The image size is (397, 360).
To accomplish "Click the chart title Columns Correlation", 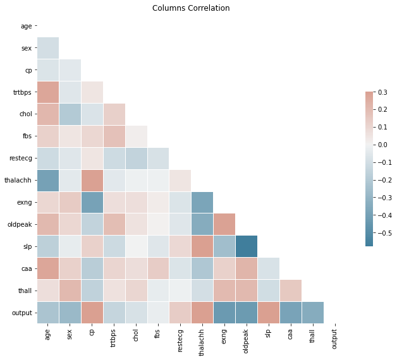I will (x=191, y=8).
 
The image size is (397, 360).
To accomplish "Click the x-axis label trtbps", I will (x=114, y=337).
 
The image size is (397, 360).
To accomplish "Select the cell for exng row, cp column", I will (x=92, y=202).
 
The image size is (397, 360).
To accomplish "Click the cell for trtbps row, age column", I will (x=48, y=92).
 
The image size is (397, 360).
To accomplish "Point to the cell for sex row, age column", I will (x=48, y=48).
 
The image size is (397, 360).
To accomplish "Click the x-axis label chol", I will (x=136, y=335).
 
